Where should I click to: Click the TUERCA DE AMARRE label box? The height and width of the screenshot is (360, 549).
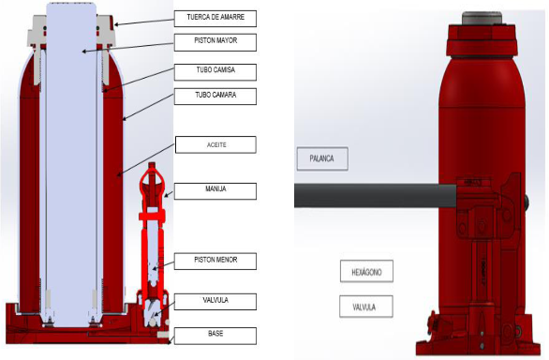point(215,19)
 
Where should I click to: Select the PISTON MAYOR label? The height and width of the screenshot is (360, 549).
point(215,42)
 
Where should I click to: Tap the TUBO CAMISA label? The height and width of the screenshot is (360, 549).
point(215,72)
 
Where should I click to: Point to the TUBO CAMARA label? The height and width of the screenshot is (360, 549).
point(215,97)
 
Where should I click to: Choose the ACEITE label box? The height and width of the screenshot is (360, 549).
point(215,144)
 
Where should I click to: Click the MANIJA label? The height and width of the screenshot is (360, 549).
point(215,191)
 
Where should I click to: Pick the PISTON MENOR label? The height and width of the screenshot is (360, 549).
point(215,262)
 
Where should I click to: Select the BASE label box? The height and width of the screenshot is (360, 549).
point(215,336)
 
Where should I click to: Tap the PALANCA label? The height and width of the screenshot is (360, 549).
point(322,158)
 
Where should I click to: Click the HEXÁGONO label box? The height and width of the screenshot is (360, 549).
point(366,271)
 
